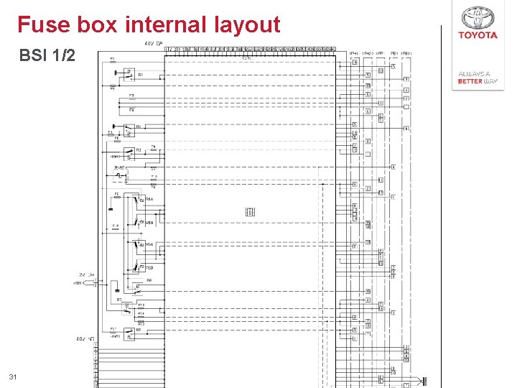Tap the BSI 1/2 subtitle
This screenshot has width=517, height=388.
click(x=47, y=55)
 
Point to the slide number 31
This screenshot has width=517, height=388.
click(x=12, y=377)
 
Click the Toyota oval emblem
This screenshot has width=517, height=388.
click(x=478, y=17)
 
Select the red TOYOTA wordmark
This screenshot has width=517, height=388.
click(x=478, y=35)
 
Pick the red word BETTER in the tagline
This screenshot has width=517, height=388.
click(x=469, y=81)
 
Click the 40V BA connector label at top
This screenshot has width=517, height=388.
click(x=154, y=44)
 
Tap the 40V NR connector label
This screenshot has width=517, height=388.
click(x=85, y=338)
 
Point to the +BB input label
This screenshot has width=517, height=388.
click(x=78, y=282)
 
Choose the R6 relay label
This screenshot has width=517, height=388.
click(x=149, y=280)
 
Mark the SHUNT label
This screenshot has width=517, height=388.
click(x=119, y=167)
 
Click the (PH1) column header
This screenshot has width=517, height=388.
click(x=354, y=53)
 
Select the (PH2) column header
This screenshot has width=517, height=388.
click(x=367, y=53)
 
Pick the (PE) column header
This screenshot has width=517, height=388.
click(x=393, y=53)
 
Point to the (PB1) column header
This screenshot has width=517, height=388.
click(x=406, y=53)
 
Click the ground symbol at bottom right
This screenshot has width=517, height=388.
click(x=425, y=380)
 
